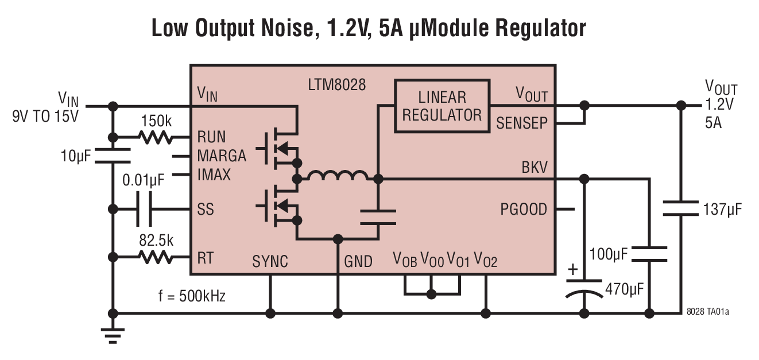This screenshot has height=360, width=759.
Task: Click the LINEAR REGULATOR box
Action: (x=442, y=106)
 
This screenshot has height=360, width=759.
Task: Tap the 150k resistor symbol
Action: (x=156, y=137)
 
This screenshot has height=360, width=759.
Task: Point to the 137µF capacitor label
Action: (x=722, y=209)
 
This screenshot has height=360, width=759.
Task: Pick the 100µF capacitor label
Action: (x=607, y=253)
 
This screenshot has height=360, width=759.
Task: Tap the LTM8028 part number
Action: (x=337, y=86)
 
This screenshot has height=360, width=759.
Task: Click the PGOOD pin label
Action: (x=524, y=209)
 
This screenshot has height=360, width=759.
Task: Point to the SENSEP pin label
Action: (x=522, y=122)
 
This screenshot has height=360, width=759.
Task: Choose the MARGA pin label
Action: (x=222, y=156)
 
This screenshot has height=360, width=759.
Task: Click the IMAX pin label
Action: (x=214, y=174)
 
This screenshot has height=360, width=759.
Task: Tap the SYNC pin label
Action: (x=270, y=261)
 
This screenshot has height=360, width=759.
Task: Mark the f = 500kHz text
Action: (x=192, y=296)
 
